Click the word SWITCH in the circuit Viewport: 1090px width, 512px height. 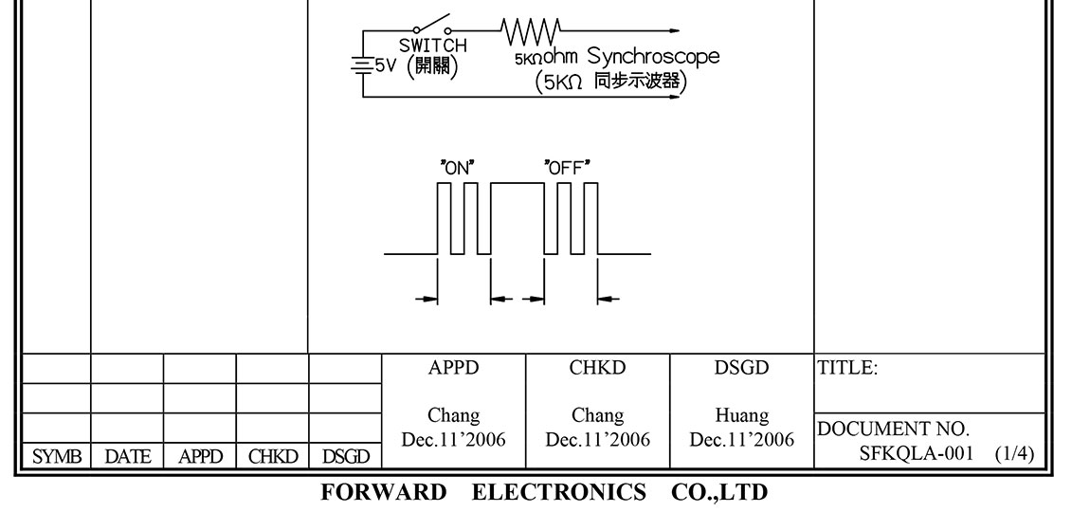[433, 46]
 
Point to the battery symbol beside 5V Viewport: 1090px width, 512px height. [361, 65]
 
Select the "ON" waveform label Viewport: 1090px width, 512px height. [457, 168]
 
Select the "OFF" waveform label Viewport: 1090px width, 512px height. [567, 168]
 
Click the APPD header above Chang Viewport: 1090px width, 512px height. [453, 369]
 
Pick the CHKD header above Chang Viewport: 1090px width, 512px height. [598, 369]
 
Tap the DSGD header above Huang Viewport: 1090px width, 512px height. [742, 369]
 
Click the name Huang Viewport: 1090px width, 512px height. [742, 416]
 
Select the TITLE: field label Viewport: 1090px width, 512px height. [847, 370]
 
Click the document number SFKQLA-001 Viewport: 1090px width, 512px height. [917, 453]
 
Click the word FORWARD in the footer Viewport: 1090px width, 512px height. [383, 493]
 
